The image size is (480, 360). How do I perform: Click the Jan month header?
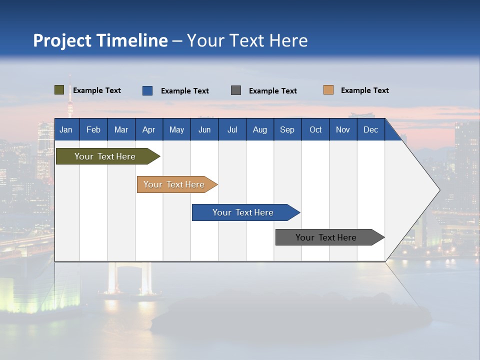tap(66, 129)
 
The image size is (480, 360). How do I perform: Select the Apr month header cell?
tap(149, 129)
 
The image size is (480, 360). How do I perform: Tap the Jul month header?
tap(232, 129)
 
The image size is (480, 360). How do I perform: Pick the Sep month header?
tap(287, 129)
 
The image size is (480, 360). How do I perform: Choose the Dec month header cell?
tap(370, 129)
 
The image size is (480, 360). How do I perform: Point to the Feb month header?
tap(93, 129)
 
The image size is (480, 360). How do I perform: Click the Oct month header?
tap(315, 129)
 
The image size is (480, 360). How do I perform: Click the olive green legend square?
tap(59, 90)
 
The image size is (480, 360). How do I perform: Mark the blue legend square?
tap(147, 90)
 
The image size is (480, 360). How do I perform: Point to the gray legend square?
tap(236, 90)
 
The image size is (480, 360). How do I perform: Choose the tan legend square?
tap(328, 90)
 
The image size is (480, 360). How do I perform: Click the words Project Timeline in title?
tap(100, 40)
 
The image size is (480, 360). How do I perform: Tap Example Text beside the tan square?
tap(364, 90)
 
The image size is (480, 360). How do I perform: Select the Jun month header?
tap(204, 129)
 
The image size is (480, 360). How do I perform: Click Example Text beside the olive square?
tap(97, 90)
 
